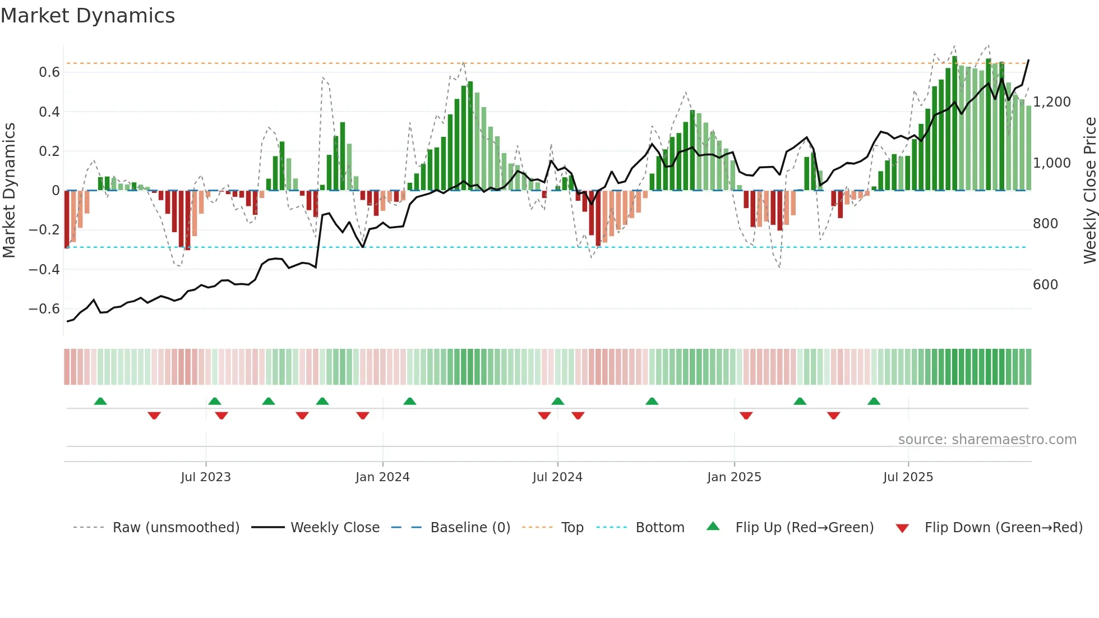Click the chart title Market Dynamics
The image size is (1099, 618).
(x=87, y=16)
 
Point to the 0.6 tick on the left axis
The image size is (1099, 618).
(x=49, y=72)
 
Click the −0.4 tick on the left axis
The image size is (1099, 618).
(x=44, y=270)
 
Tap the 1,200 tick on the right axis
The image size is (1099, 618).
(x=1052, y=102)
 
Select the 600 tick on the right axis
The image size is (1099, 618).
(x=1045, y=285)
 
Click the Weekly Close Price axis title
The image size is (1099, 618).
(x=1089, y=190)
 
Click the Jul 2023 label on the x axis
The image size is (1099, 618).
(x=206, y=477)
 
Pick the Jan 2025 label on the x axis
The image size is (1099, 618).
(x=734, y=477)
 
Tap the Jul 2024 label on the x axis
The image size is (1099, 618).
(x=557, y=477)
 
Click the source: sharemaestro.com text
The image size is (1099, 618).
(x=987, y=440)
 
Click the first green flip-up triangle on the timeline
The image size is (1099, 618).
(x=100, y=402)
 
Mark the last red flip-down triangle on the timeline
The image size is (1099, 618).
(x=833, y=416)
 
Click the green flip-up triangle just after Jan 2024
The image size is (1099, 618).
(x=410, y=402)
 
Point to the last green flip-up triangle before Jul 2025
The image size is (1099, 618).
(x=874, y=402)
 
